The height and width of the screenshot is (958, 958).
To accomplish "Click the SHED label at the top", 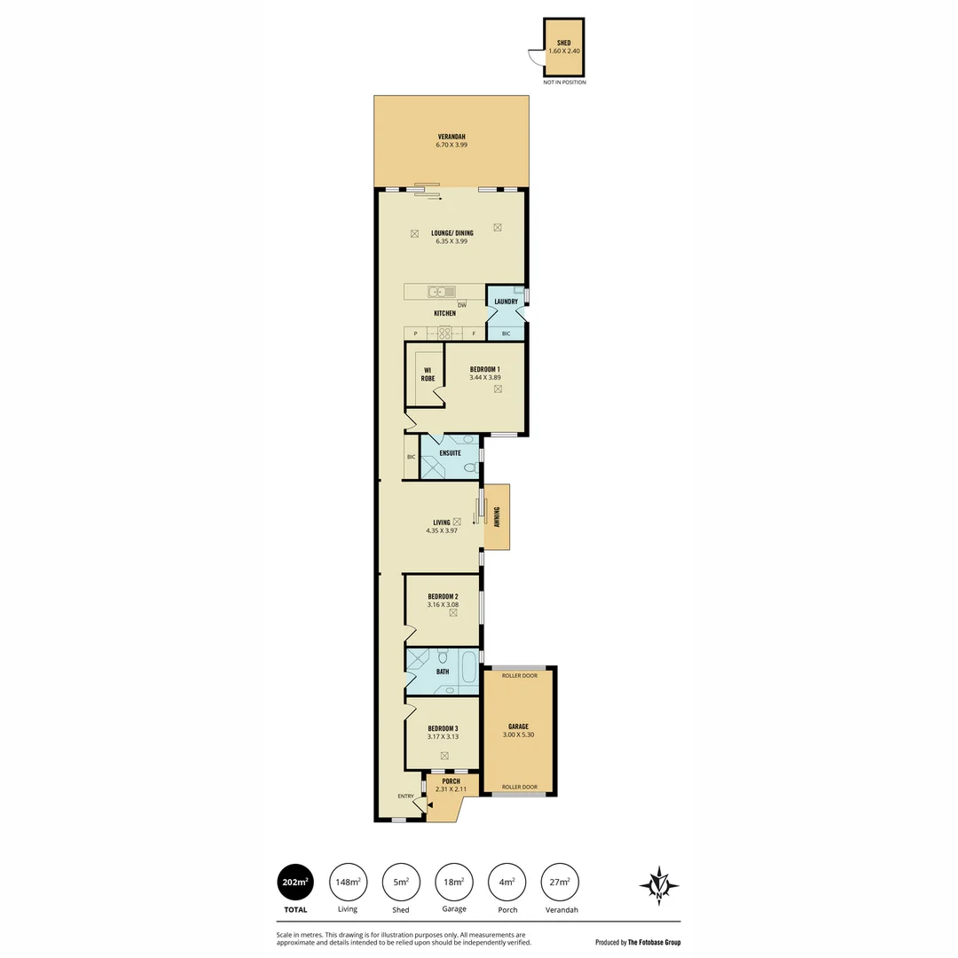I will point(564,43).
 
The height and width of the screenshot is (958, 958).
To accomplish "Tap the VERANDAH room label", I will point(452,137).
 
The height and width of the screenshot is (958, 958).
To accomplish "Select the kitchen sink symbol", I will point(441,292).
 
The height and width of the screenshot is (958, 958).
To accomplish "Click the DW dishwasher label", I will point(462,306).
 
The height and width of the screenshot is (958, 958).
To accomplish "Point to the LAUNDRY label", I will point(506,302).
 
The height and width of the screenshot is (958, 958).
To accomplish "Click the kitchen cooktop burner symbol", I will point(444,334).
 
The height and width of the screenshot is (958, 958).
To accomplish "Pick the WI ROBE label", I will point(428,373).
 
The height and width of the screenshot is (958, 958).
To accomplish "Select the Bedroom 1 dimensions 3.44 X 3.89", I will point(485,378).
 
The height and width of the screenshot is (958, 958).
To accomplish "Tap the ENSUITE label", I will point(450,453).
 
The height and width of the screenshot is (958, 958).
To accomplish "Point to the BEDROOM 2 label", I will point(443,596).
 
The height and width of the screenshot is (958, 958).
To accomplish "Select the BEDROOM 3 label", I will point(443,728).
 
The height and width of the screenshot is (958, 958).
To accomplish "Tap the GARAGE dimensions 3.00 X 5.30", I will point(519,734).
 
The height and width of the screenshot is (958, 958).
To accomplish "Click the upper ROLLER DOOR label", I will point(519,675).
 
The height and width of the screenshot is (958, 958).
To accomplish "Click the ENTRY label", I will point(406,796).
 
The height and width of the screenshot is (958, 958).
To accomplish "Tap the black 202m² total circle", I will point(295,882).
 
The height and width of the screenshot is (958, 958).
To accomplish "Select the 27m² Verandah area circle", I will point(560,882).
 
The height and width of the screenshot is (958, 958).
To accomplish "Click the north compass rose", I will point(659,885).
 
